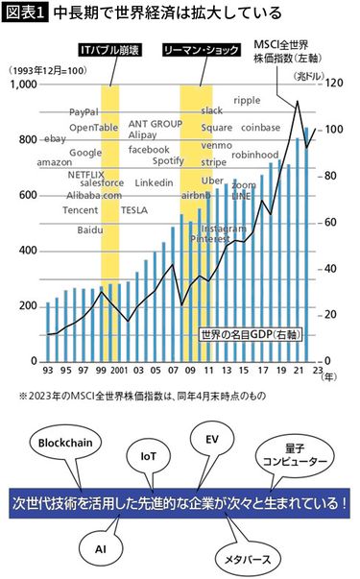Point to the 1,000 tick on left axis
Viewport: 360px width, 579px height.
(22, 85)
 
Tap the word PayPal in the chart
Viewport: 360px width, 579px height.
(84, 112)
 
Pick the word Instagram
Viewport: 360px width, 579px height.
(224, 229)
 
